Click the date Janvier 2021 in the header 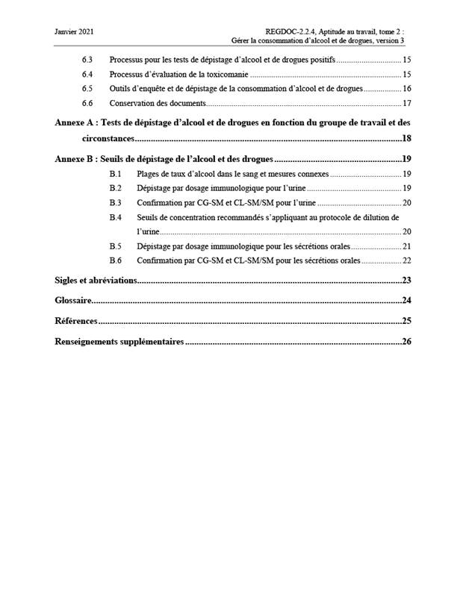75,31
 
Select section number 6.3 87,59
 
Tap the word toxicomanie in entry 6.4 227,74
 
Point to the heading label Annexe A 75,122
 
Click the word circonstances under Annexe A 108,138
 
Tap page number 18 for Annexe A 407,138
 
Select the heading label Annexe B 75,159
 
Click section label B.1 115,174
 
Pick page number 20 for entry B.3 407,203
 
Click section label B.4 115,217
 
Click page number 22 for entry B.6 407,261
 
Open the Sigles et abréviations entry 96,281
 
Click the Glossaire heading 73,301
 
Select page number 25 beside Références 407,321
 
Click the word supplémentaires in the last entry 145,342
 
